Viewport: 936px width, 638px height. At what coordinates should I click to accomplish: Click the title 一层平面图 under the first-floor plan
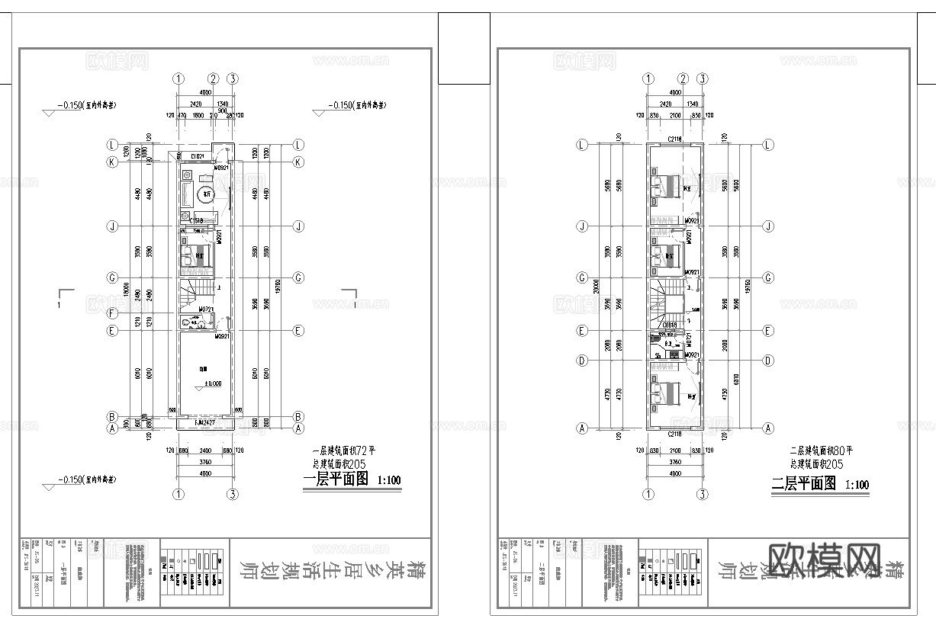coord(336,480)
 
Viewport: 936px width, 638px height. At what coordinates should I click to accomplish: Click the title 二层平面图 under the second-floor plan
coord(804,483)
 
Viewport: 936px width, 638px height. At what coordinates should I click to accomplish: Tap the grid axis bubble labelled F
coord(112,313)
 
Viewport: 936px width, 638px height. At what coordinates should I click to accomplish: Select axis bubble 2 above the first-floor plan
coord(214,79)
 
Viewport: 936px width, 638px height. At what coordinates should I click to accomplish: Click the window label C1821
coord(197,156)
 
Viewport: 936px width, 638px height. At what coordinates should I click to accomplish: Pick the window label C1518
coord(195,221)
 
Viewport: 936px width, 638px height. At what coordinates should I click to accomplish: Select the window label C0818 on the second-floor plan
coord(670,325)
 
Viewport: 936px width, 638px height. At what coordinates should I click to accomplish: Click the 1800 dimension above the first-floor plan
coord(198,115)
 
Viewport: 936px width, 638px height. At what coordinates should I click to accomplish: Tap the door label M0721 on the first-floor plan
coord(205,310)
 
